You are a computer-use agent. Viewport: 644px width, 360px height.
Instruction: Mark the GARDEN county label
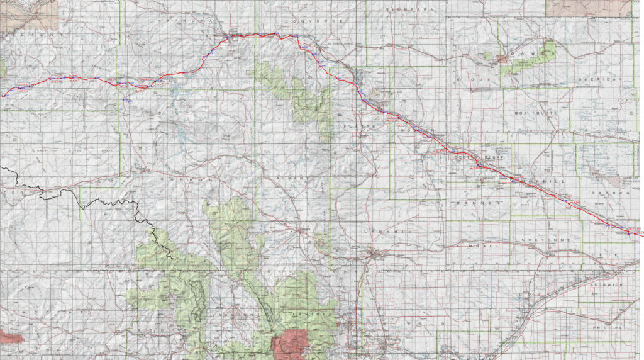coord(609,193)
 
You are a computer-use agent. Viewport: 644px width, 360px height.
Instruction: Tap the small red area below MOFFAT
coord(13,335)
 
